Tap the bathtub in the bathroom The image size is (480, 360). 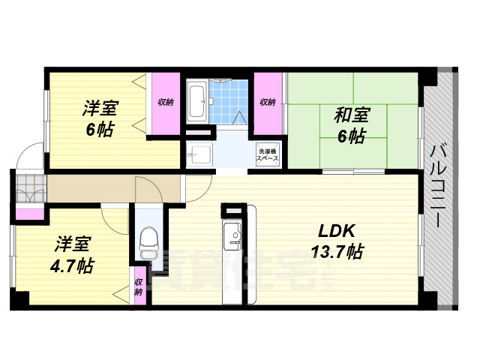click(196, 101)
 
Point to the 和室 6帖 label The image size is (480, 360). click(350, 124)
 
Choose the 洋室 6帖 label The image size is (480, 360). click(99, 117)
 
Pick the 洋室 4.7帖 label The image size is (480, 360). click(73, 255)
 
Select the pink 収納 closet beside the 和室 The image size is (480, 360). click(268, 102)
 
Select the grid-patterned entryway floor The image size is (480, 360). click(31, 188)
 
